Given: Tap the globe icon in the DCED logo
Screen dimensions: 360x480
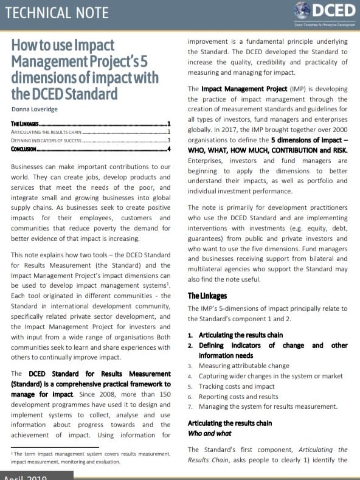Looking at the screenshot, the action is pos(302,10).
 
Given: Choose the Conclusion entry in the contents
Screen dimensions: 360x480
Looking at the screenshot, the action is pos(24,149).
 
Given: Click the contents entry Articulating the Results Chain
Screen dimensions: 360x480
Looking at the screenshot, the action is pos(46,131).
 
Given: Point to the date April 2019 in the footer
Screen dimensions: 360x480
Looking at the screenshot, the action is pos(26,477).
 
